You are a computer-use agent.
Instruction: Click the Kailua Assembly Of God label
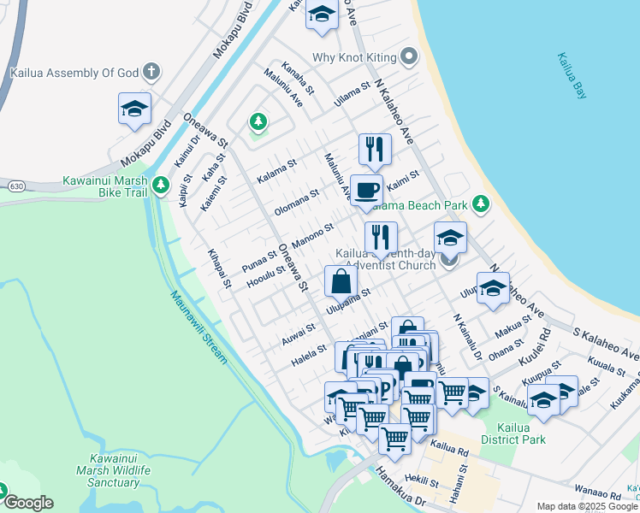click(x=74, y=73)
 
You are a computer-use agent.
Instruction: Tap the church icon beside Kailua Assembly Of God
click(x=151, y=72)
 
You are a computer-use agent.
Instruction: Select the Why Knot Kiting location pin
click(x=409, y=57)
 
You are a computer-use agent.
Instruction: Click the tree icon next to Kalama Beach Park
click(x=481, y=203)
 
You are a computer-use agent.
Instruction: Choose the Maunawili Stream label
click(x=199, y=327)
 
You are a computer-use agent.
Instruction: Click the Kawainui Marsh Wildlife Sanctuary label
click(x=114, y=471)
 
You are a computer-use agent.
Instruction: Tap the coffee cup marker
click(x=366, y=190)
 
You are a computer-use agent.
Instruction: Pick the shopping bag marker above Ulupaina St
click(x=341, y=281)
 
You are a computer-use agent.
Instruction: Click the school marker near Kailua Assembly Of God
click(x=135, y=109)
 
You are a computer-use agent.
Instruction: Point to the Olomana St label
click(x=296, y=201)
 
